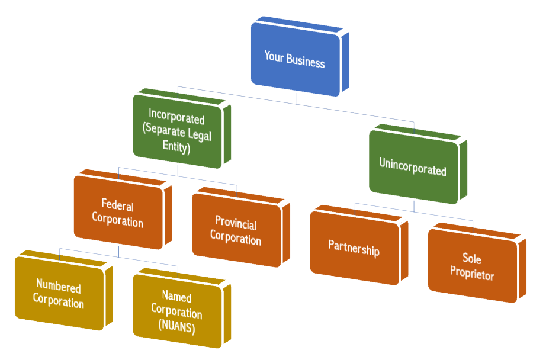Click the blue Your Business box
(295, 59)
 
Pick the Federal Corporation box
(118, 213)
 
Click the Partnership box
(354, 248)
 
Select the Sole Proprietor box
(472, 266)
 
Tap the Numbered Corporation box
(59, 294)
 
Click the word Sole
(472, 259)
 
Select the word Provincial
(236, 223)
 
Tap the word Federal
(118, 205)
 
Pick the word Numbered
(58, 287)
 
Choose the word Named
(176, 297)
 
